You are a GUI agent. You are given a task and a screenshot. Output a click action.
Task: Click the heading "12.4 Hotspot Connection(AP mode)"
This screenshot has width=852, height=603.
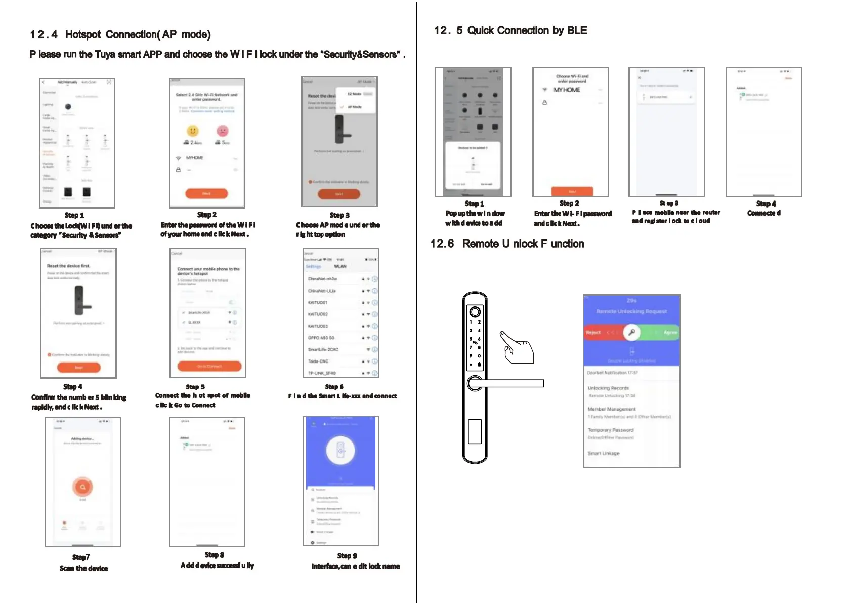[x=120, y=34]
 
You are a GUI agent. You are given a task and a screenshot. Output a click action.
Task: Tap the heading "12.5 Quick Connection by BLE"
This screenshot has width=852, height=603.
[x=510, y=30]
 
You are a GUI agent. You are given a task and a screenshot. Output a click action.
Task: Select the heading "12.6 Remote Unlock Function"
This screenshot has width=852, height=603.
[x=507, y=244]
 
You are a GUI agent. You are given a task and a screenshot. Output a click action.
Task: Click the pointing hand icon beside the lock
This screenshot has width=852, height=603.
[x=518, y=348]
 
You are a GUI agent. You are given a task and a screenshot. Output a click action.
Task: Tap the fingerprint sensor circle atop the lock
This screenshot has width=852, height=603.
[x=475, y=311]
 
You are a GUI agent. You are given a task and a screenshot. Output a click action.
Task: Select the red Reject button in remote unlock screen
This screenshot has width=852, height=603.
[x=594, y=333]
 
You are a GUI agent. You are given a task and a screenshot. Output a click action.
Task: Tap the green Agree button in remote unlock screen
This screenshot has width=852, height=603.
[x=669, y=333]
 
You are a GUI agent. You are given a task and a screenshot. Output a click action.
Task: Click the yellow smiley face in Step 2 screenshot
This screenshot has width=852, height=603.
[x=193, y=131]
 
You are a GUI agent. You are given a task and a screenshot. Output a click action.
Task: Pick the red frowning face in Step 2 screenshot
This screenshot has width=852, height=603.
[x=222, y=131]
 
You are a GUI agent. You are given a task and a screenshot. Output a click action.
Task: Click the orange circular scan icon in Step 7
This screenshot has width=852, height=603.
[x=82, y=487]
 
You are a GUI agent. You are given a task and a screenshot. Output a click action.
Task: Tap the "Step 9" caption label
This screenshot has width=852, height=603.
[x=347, y=556]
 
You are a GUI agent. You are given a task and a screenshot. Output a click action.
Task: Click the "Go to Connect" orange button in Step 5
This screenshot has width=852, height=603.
[x=209, y=366]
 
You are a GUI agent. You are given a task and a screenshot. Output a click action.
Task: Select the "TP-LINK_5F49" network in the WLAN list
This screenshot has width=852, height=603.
[x=322, y=373]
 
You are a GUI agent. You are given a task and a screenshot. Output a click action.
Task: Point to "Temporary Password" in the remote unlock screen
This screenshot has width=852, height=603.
[x=610, y=430]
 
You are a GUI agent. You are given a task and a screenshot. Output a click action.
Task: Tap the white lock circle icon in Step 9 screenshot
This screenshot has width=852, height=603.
[x=340, y=450]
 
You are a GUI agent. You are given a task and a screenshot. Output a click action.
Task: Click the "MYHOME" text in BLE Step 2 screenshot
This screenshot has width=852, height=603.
[x=567, y=90]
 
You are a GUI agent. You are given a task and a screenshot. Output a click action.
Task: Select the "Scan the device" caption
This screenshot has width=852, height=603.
[x=83, y=568]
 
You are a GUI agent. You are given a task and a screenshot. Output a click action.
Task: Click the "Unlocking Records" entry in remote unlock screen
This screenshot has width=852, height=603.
[x=608, y=388]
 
